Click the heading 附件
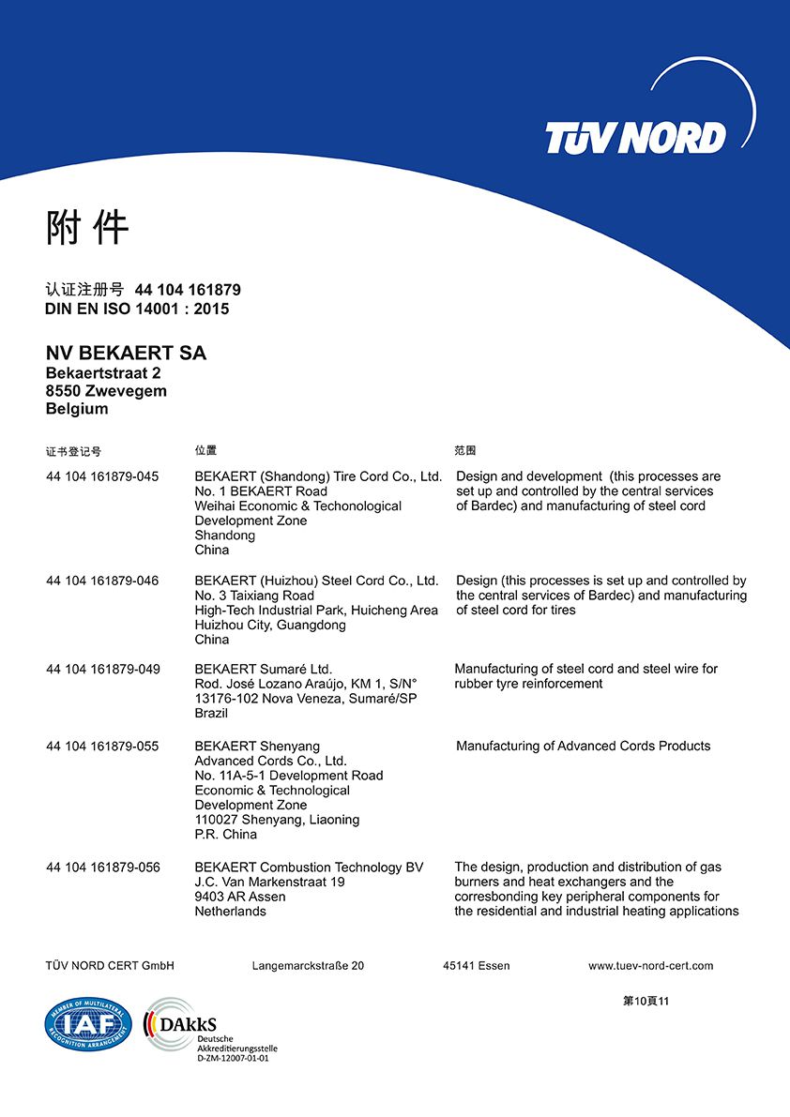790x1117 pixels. [87, 228]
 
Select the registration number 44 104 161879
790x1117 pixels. [188, 290]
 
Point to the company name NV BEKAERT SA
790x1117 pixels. [126, 354]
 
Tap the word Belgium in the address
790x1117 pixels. [77, 409]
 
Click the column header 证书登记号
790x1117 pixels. [73, 452]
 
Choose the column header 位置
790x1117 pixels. [205, 451]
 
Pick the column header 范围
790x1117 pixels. [465, 451]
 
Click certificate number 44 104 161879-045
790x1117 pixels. [102, 476]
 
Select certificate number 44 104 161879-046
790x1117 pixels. [102, 581]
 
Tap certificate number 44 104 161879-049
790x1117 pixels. [102, 669]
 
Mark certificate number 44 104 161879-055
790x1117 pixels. [102, 747]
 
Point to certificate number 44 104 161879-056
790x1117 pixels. [102, 868]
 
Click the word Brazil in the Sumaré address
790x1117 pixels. [211, 714]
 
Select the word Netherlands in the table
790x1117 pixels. [230, 912]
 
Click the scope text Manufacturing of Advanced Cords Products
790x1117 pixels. [583, 747]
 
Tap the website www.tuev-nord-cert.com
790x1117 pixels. [650, 966]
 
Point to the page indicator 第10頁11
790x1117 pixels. [646, 1002]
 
